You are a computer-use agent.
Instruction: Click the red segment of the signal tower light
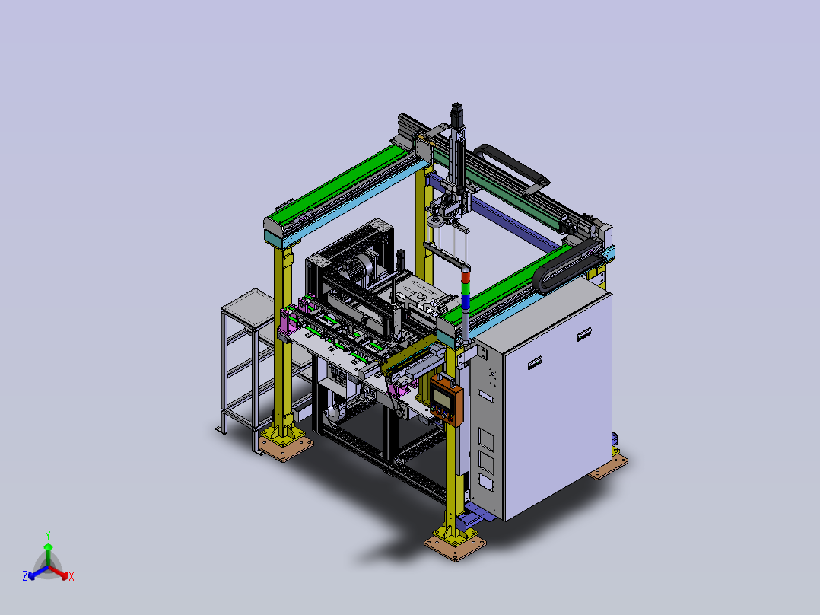click(466, 276)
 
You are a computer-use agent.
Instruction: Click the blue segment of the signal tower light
click(466, 301)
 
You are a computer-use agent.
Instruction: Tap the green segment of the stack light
click(466, 288)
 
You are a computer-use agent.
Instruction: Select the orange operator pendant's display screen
click(443, 396)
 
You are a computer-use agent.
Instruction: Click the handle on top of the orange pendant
click(444, 378)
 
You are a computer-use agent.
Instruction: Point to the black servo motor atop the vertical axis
click(456, 115)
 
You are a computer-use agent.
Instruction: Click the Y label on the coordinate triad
click(48, 535)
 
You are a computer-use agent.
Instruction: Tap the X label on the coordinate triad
click(72, 576)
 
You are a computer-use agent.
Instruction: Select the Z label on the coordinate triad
click(25, 575)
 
